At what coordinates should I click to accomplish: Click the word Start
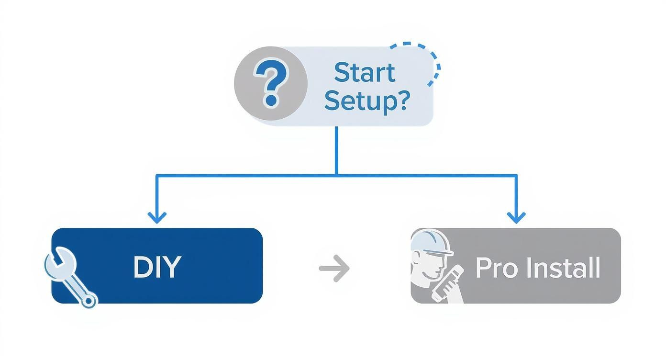(365, 73)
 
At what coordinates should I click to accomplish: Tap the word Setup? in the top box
(367, 100)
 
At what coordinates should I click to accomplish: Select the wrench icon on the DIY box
(69, 276)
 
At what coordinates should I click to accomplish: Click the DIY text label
(157, 267)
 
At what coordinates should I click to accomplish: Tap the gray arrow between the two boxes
(334, 268)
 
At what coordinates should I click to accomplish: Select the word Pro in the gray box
(497, 268)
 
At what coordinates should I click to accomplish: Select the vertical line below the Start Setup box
(337, 151)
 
